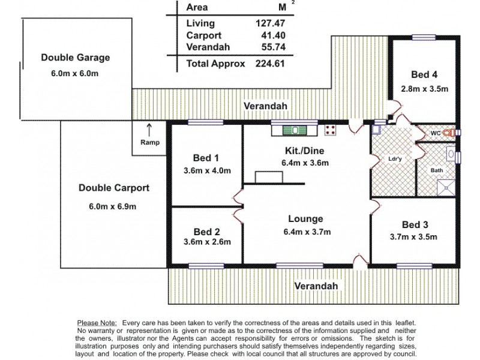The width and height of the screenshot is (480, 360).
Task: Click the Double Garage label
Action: tap(76, 58)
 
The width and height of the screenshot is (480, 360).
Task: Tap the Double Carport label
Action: tap(113, 188)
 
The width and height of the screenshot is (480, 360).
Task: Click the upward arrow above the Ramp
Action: tap(149, 128)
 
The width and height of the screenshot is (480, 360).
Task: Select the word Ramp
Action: tap(149, 143)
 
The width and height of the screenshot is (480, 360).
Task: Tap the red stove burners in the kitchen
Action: tap(330, 129)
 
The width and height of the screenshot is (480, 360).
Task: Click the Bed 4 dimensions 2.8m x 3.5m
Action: tap(425, 89)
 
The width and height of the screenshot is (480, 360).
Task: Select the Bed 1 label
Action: tap(206, 158)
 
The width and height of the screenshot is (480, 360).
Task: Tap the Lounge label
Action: tap(305, 219)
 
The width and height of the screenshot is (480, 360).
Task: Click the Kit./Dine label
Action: tap(305, 151)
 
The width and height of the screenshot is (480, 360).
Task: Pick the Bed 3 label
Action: tap(415, 224)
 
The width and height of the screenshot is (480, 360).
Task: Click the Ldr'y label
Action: tap(395, 159)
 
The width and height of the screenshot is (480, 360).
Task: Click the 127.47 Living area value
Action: tap(269, 23)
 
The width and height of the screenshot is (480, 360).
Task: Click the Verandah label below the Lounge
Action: tap(316, 286)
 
